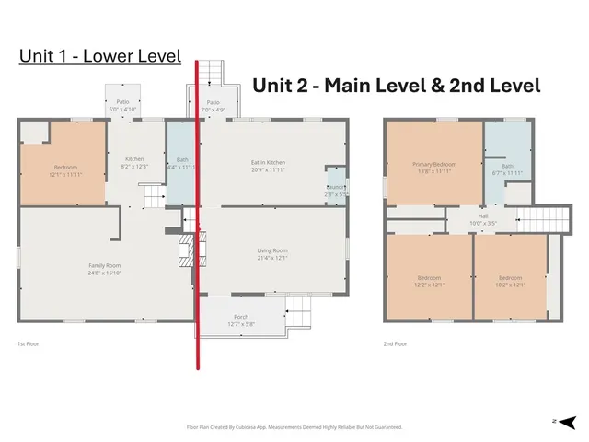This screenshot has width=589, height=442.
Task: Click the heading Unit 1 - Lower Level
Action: pos(99,57)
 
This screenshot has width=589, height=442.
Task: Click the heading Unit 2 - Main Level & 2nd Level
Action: pos(396,86)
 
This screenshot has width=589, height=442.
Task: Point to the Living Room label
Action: pos(272,253)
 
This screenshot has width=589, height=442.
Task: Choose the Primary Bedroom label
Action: pos(433,168)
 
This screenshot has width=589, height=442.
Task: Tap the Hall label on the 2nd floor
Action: pos(457,220)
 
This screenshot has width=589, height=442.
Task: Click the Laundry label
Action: pos(334,191)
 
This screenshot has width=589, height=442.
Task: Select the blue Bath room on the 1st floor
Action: pos(182,164)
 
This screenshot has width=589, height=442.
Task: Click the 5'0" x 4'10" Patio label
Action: pos(122,105)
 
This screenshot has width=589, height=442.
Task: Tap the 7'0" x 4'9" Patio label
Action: pos(214,106)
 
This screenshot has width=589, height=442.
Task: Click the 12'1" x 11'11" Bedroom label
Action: pos(65,170)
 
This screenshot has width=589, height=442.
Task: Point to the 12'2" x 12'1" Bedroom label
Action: pos(429,281)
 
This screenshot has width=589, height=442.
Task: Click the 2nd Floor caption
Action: pos(396,344)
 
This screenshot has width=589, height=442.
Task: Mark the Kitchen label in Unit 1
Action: pos(134,162)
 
